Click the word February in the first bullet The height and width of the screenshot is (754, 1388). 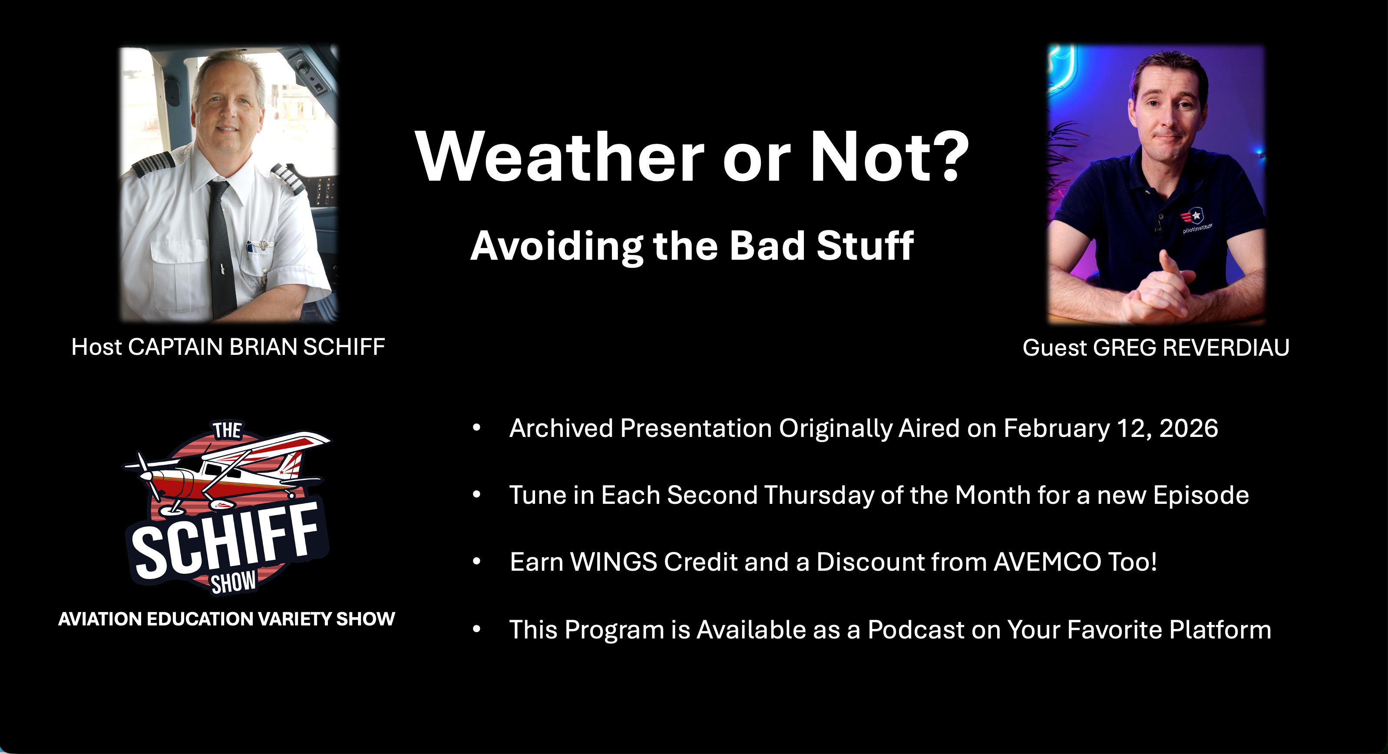click(x=1057, y=429)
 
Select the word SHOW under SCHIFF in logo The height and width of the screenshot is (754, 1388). click(x=233, y=582)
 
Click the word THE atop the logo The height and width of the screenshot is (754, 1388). click(x=227, y=430)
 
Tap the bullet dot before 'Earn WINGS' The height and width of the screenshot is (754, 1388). click(x=476, y=562)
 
